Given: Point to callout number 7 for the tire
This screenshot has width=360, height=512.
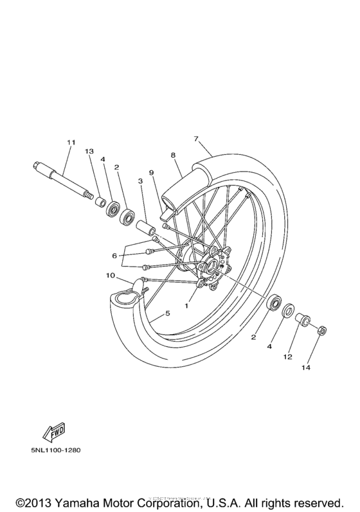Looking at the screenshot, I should (x=195, y=139).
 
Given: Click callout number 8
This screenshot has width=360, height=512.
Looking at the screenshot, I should (x=173, y=155).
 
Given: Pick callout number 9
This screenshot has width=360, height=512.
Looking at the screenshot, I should (x=152, y=173).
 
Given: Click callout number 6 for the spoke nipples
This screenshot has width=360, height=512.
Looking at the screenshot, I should (x=114, y=256).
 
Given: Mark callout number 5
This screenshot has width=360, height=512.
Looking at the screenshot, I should (x=168, y=313).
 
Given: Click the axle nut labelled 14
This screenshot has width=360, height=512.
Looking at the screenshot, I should (x=322, y=331).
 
